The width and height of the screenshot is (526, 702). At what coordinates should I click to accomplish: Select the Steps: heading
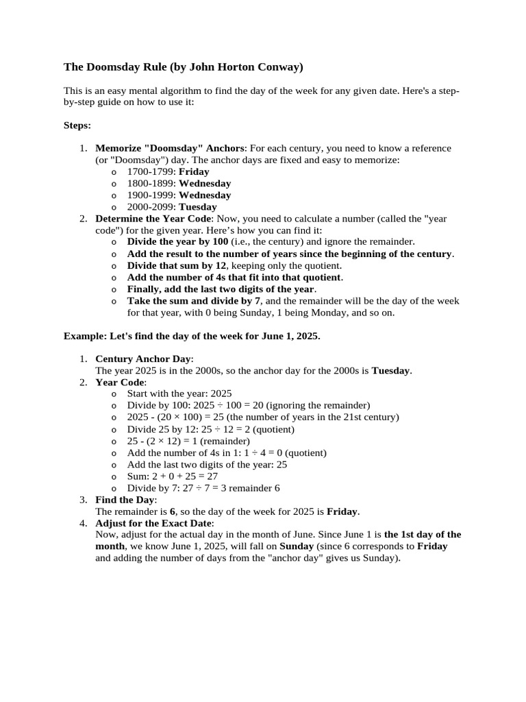77,125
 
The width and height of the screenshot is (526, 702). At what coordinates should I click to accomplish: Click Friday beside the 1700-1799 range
194,171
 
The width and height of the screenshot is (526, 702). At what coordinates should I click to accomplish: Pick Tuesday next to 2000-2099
197,206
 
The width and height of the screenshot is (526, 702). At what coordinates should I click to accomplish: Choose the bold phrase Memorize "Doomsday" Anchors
168,148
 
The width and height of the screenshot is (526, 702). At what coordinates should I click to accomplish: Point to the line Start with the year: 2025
179,394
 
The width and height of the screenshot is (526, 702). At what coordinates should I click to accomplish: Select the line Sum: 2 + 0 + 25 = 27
172,476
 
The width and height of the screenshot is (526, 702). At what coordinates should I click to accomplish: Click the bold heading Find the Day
126,499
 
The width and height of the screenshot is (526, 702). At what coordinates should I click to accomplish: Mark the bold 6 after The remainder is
173,511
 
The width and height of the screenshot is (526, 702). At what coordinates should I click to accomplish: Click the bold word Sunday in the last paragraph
297,546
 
